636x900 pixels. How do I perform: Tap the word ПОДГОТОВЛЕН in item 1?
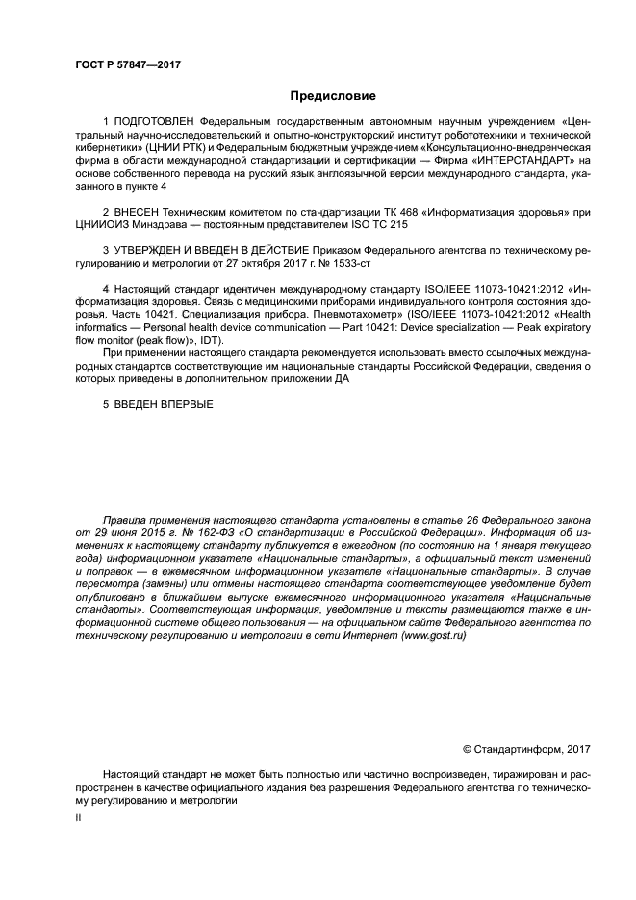(x=154, y=122)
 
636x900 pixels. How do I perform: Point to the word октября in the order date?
(x=243, y=262)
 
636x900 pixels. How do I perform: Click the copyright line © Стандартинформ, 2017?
(x=526, y=749)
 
